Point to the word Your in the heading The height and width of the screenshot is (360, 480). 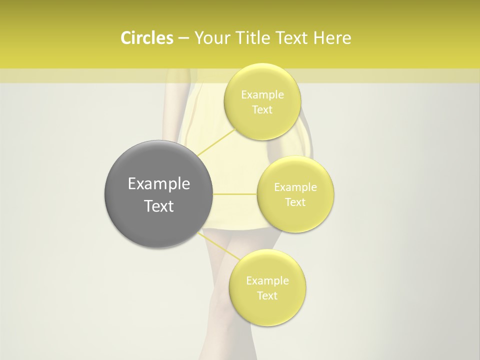coord(210,38)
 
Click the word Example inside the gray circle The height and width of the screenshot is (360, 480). coord(159,184)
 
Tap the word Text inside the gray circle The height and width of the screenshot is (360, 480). coord(159,206)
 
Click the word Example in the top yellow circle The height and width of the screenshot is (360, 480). coord(262,95)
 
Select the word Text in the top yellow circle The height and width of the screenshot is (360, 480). coord(262,110)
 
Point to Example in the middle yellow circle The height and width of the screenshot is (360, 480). coord(295,187)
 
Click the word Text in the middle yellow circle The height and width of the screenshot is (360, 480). coord(295,202)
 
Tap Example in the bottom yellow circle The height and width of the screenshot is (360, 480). coord(267,281)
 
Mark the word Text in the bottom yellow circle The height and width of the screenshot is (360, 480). coord(267,296)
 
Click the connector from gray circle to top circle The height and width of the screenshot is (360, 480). coord(216,142)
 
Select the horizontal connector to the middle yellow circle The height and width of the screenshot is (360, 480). coord(234,194)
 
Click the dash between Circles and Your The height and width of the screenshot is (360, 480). coord(183,38)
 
